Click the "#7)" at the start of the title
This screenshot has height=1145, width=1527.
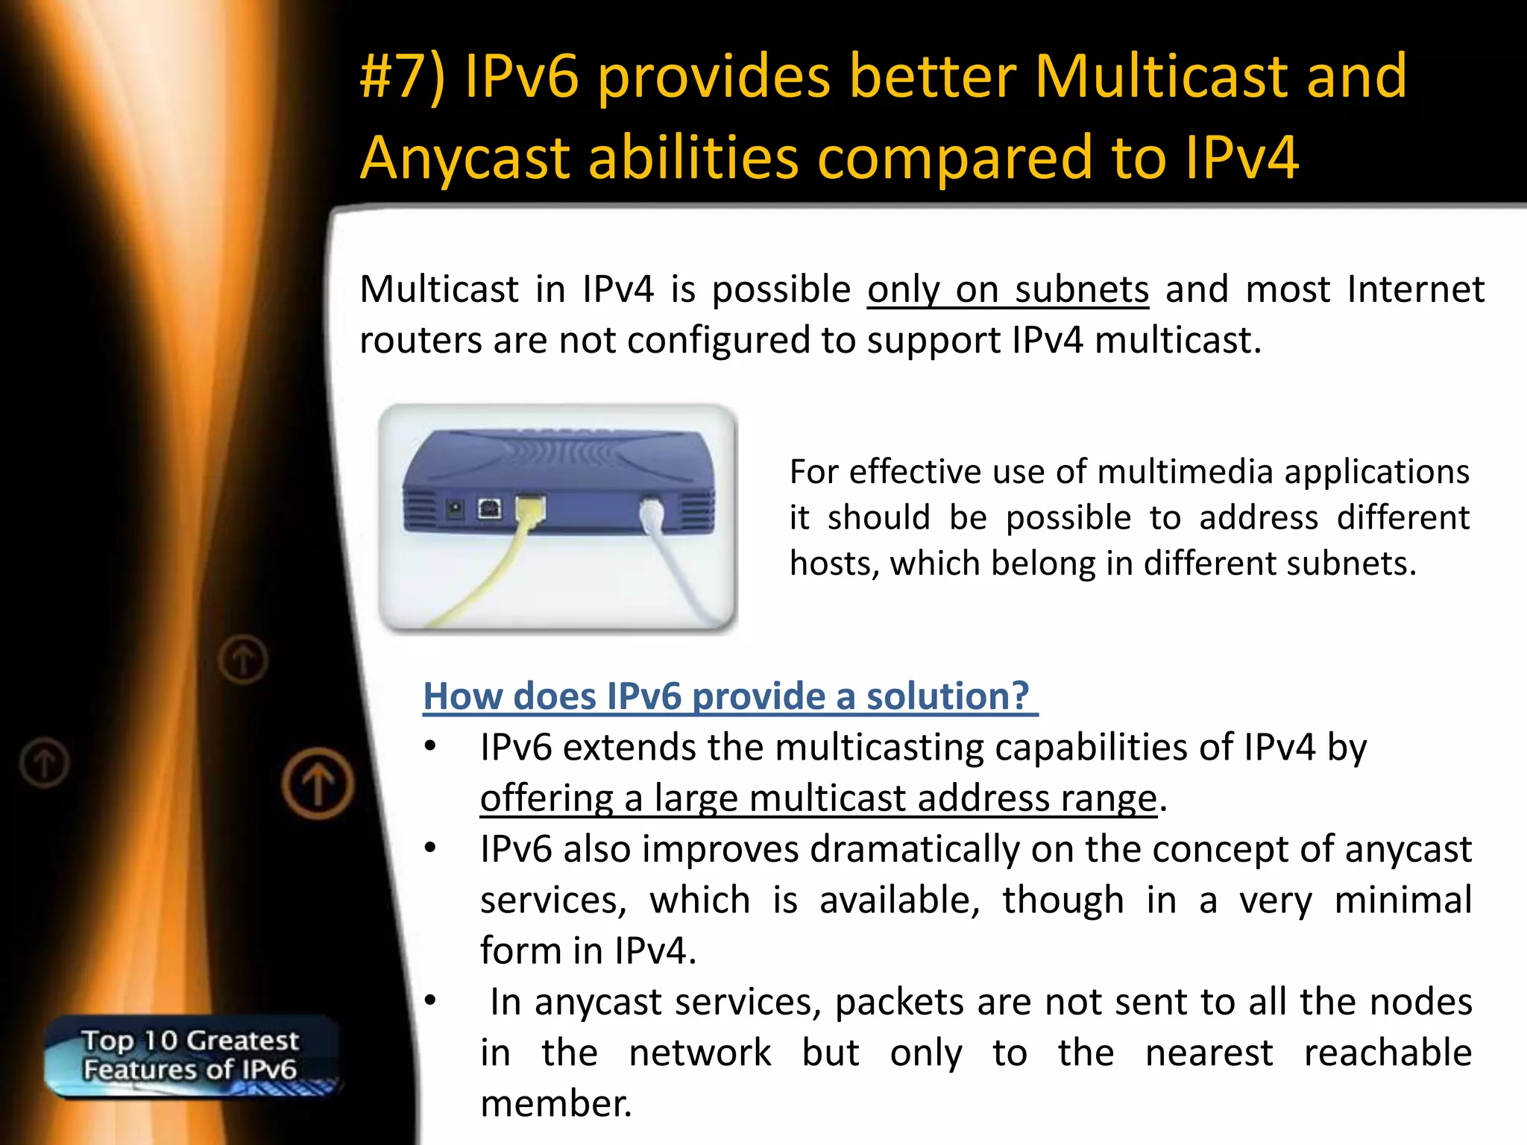click(x=402, y=77)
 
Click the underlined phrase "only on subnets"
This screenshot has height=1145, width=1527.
click(x=1007, y=290)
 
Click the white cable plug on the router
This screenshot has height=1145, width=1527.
click(x=651, y=514)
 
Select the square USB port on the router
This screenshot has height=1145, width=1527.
click(x=489, y=509)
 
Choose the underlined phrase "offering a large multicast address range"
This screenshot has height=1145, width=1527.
click(x=818, y=798)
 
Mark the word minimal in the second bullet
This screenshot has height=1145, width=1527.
click(x=1402, y=900)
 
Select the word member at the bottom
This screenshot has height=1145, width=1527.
click(x=555, y=1104)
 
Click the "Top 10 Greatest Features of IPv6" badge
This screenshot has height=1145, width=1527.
click(x=191, y=1056)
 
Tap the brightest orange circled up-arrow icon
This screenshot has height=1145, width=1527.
click(x=318, y=784)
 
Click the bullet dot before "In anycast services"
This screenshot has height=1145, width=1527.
click(x=430, y=1001)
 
